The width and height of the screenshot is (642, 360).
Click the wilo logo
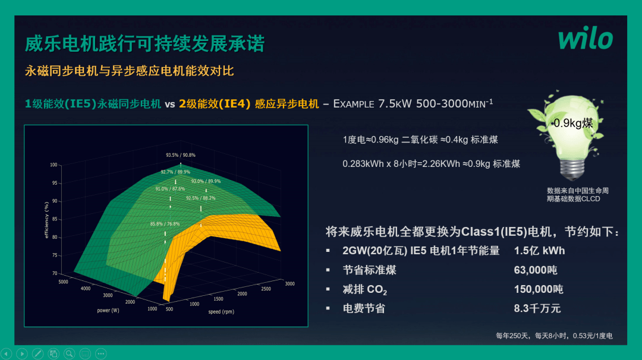click(585, 39)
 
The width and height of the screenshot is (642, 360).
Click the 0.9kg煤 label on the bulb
click(573, 123)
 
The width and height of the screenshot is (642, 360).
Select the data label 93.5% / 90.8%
click(181, 155)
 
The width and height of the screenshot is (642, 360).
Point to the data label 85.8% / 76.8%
click(165, 224)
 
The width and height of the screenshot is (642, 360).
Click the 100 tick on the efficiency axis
click(53, 165)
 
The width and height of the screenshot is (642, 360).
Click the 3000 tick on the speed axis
click(290, 284)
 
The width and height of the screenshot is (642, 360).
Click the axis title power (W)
click(109, 310)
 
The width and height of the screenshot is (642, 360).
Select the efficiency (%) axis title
click(46, 220)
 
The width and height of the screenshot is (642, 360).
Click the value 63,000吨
click(535, 270)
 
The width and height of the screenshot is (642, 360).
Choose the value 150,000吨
click(538, 289)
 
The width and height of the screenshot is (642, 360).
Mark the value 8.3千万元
click(537, 308)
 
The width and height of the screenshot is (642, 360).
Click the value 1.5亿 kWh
click(539, 251)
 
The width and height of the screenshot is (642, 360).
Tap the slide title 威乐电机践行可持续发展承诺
click(144, 44)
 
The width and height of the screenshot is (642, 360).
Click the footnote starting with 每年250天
click(554, 336)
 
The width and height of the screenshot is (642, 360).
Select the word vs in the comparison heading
click(170, 104)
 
